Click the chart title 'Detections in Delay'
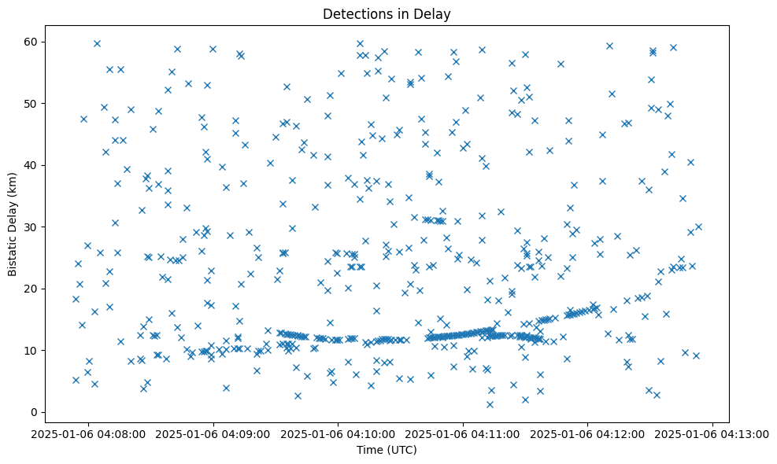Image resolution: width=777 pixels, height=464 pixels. tap(387, 13)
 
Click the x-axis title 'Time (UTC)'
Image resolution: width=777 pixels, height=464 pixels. tap(387, 451)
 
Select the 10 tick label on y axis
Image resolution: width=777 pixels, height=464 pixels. tap(32, 350)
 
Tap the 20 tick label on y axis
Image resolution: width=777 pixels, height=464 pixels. tap(32, 289)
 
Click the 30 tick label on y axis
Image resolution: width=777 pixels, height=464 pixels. tap(32, 226)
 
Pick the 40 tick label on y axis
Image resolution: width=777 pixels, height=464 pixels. tap(32, 165)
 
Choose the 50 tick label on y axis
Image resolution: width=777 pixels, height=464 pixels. tap(32, 103)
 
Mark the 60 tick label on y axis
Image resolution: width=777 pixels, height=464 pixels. tap(32, 42)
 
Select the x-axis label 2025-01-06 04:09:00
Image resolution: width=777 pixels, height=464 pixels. tap(213, 433)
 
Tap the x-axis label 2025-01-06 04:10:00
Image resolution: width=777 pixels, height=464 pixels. tap(339, 433)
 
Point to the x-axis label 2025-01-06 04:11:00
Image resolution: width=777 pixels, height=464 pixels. tap(463, 433)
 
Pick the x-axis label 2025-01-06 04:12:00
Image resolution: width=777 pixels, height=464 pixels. tap(588, 433)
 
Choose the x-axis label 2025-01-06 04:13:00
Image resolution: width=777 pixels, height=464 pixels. tap(712, 433)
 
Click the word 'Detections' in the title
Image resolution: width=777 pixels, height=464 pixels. tap(353, 13)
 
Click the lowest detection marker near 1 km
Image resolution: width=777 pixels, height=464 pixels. tap(490, 404)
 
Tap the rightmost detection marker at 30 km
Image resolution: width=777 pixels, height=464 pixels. tap(698, 226)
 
